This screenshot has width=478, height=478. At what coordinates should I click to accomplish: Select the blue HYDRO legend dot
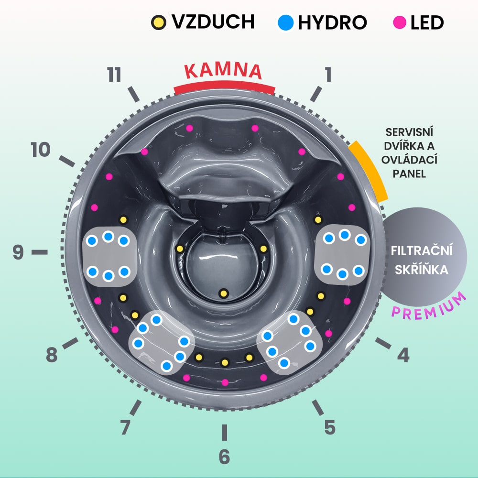(285, 22)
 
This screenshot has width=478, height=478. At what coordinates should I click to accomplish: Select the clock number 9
(18, 252)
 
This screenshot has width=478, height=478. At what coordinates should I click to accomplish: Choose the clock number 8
(52, 355)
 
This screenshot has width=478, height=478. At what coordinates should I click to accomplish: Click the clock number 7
(125, 427)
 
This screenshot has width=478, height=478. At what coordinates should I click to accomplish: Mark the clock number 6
(224, 457)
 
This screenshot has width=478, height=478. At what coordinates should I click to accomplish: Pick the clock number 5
(329, 427)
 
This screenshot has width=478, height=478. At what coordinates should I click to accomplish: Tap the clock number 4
(403, 355)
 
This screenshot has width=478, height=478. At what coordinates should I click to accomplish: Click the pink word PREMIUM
(429, 306)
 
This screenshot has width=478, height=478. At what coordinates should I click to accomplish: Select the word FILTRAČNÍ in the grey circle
(421, 251)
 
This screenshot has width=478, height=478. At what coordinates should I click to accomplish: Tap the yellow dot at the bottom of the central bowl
(223, 293)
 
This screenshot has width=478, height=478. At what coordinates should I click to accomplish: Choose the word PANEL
(409, 174)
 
